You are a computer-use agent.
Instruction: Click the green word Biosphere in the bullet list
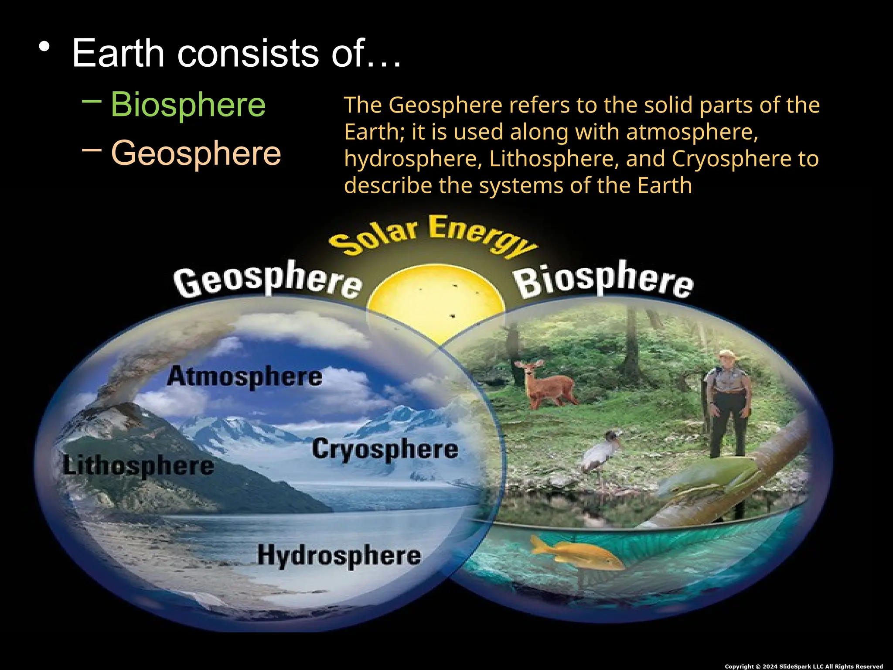click(188, 105)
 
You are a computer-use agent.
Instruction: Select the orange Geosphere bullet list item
click(196, 153)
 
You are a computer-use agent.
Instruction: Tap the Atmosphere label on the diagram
click(245, 377)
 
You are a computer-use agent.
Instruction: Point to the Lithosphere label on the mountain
click(139, 466)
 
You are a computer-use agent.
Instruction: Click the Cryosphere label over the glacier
click(385, 449)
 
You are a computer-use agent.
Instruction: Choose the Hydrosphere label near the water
click(339, 556)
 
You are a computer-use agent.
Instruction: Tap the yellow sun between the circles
click(436, 301)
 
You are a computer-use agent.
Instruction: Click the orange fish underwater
click(576, 554)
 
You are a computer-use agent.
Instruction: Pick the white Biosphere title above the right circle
click(604, 281)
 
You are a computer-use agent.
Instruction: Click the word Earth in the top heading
click(118, 53)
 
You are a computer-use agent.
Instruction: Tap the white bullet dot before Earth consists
click(44, 46)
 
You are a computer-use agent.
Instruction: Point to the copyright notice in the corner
click(803, 666)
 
